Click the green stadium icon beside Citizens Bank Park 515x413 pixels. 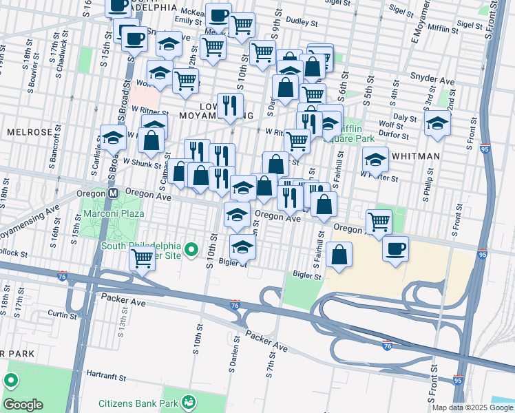187,403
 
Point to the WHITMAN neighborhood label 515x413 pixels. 415,156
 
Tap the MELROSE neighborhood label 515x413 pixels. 27,131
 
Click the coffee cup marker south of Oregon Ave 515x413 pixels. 395,249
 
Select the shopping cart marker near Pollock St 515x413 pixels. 142,259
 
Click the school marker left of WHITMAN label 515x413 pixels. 375,160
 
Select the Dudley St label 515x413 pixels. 301,22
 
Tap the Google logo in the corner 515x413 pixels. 23,405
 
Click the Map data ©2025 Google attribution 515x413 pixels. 472,407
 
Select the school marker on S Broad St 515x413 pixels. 112,137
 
